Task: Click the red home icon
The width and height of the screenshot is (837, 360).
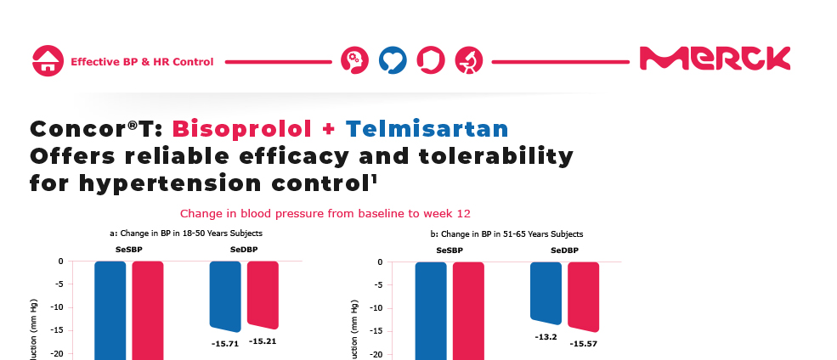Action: [48, 61]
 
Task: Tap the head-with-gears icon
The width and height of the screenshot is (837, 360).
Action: [353, 60]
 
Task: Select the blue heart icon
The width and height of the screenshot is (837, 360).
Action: [393, 60]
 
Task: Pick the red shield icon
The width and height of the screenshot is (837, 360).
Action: [431, 60]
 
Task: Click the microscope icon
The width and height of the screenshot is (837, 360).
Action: [468, 60]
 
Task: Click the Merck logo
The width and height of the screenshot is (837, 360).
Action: [715, 59]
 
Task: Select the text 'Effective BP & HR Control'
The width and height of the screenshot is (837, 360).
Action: [142, 62]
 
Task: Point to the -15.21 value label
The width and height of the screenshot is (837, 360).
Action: [263, 341]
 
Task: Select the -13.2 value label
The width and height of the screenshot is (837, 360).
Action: [546, 335]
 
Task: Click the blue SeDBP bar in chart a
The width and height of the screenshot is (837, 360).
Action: [225, 295]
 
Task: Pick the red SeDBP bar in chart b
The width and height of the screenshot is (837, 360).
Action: [584, 295]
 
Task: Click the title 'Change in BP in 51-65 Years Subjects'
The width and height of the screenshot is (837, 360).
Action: [506, 233]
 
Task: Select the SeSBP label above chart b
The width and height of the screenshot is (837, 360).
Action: [450, 250]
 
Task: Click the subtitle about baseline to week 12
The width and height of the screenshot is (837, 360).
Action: [325, 213]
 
